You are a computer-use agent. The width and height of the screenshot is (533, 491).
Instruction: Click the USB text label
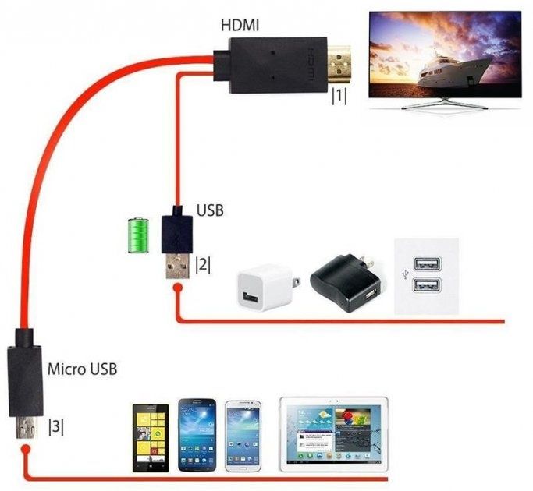pos(209,210)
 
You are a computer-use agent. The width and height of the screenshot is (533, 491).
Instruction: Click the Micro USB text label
pos(83,368)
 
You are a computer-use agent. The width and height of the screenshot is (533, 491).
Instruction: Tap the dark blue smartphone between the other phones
pos(196,434)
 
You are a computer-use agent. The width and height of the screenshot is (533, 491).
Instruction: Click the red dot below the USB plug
pos(178,289)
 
